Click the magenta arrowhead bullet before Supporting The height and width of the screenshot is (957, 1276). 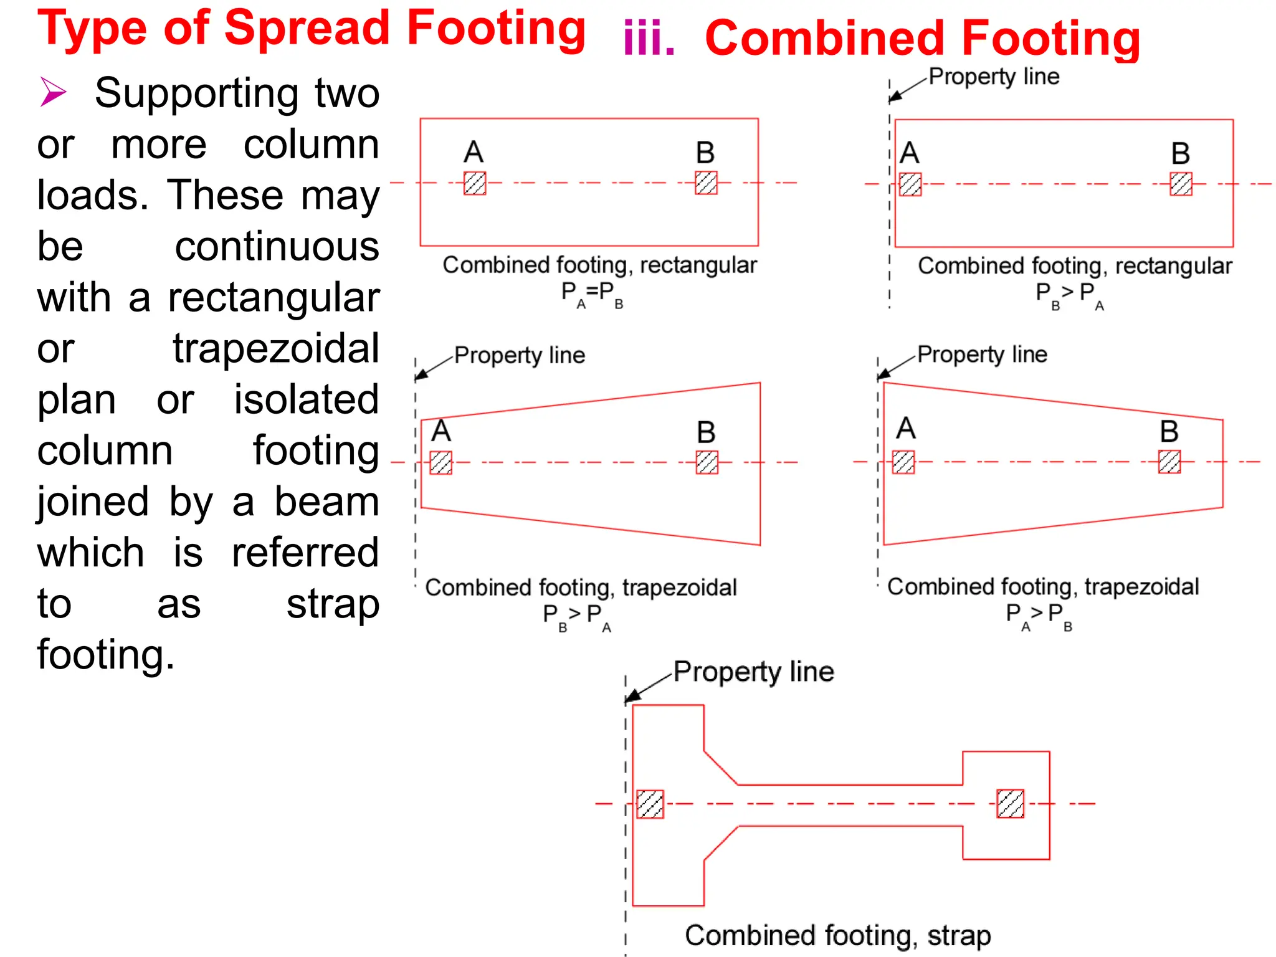(x=52, y=92)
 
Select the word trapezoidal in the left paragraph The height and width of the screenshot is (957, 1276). (x=276, y=348)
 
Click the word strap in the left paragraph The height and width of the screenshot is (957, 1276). (x=333, y=604)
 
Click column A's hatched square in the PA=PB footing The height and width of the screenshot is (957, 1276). (x=475, y=183)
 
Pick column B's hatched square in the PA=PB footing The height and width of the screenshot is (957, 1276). (x=706, y=183)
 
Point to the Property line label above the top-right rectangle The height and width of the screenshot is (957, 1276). (x=994, y=77)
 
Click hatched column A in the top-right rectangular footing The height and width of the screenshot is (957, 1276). (x=910, y=184)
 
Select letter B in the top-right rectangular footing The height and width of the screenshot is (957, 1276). (x=1181, y=153)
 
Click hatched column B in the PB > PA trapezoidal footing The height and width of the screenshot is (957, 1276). (x=707, y=462)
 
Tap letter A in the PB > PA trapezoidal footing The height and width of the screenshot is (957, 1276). (x=441, y=431)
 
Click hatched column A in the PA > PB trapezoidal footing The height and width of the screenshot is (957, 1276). (x=903, y=462)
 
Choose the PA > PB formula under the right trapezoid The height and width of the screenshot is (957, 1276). (x=1039, y=616)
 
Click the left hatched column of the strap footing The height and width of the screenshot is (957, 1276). (x=650, y=804)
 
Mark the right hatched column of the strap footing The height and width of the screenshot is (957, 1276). (x=1010, y=804)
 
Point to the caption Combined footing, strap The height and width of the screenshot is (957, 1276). (x=837, y=936)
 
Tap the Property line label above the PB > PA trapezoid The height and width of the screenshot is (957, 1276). (x=520, y=355)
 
